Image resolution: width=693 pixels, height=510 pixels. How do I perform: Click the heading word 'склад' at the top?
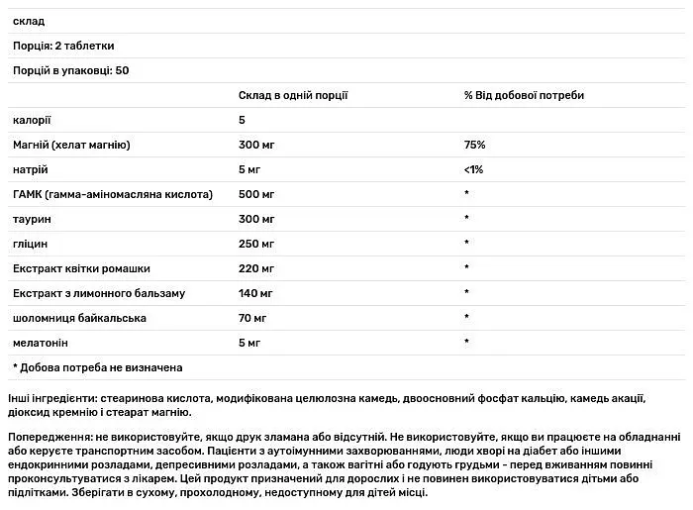pos(30,21)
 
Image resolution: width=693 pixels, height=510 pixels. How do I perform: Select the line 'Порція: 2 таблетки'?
pos(63,46)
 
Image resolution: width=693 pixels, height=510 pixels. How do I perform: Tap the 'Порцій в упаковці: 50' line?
pos(72,70)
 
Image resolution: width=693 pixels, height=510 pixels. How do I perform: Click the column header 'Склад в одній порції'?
pos(293,95)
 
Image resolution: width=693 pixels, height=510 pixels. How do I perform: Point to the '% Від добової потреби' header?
pos(524,95)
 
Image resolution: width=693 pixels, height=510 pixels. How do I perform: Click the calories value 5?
pos(243,120)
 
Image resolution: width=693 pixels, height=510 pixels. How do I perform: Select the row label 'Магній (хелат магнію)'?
pos(71,145)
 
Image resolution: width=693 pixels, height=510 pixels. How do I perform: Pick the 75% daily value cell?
pos(475,145)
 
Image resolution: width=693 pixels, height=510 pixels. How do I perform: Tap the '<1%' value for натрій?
pos(474,169)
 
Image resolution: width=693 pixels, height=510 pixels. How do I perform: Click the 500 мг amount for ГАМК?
pos(256,194)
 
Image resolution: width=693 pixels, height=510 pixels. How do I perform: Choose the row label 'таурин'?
pos(33,219)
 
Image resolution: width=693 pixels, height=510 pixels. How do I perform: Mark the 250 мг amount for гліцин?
pos(256,244)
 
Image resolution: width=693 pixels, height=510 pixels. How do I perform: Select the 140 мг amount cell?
pos(255,293)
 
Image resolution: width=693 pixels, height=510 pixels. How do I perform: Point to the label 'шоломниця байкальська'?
pos(79,318)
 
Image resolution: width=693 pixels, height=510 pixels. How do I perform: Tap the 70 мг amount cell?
pos(252,318)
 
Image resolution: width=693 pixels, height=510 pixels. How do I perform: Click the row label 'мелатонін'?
pos(42,343)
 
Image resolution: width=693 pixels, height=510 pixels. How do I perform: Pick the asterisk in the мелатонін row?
pos(466,343)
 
